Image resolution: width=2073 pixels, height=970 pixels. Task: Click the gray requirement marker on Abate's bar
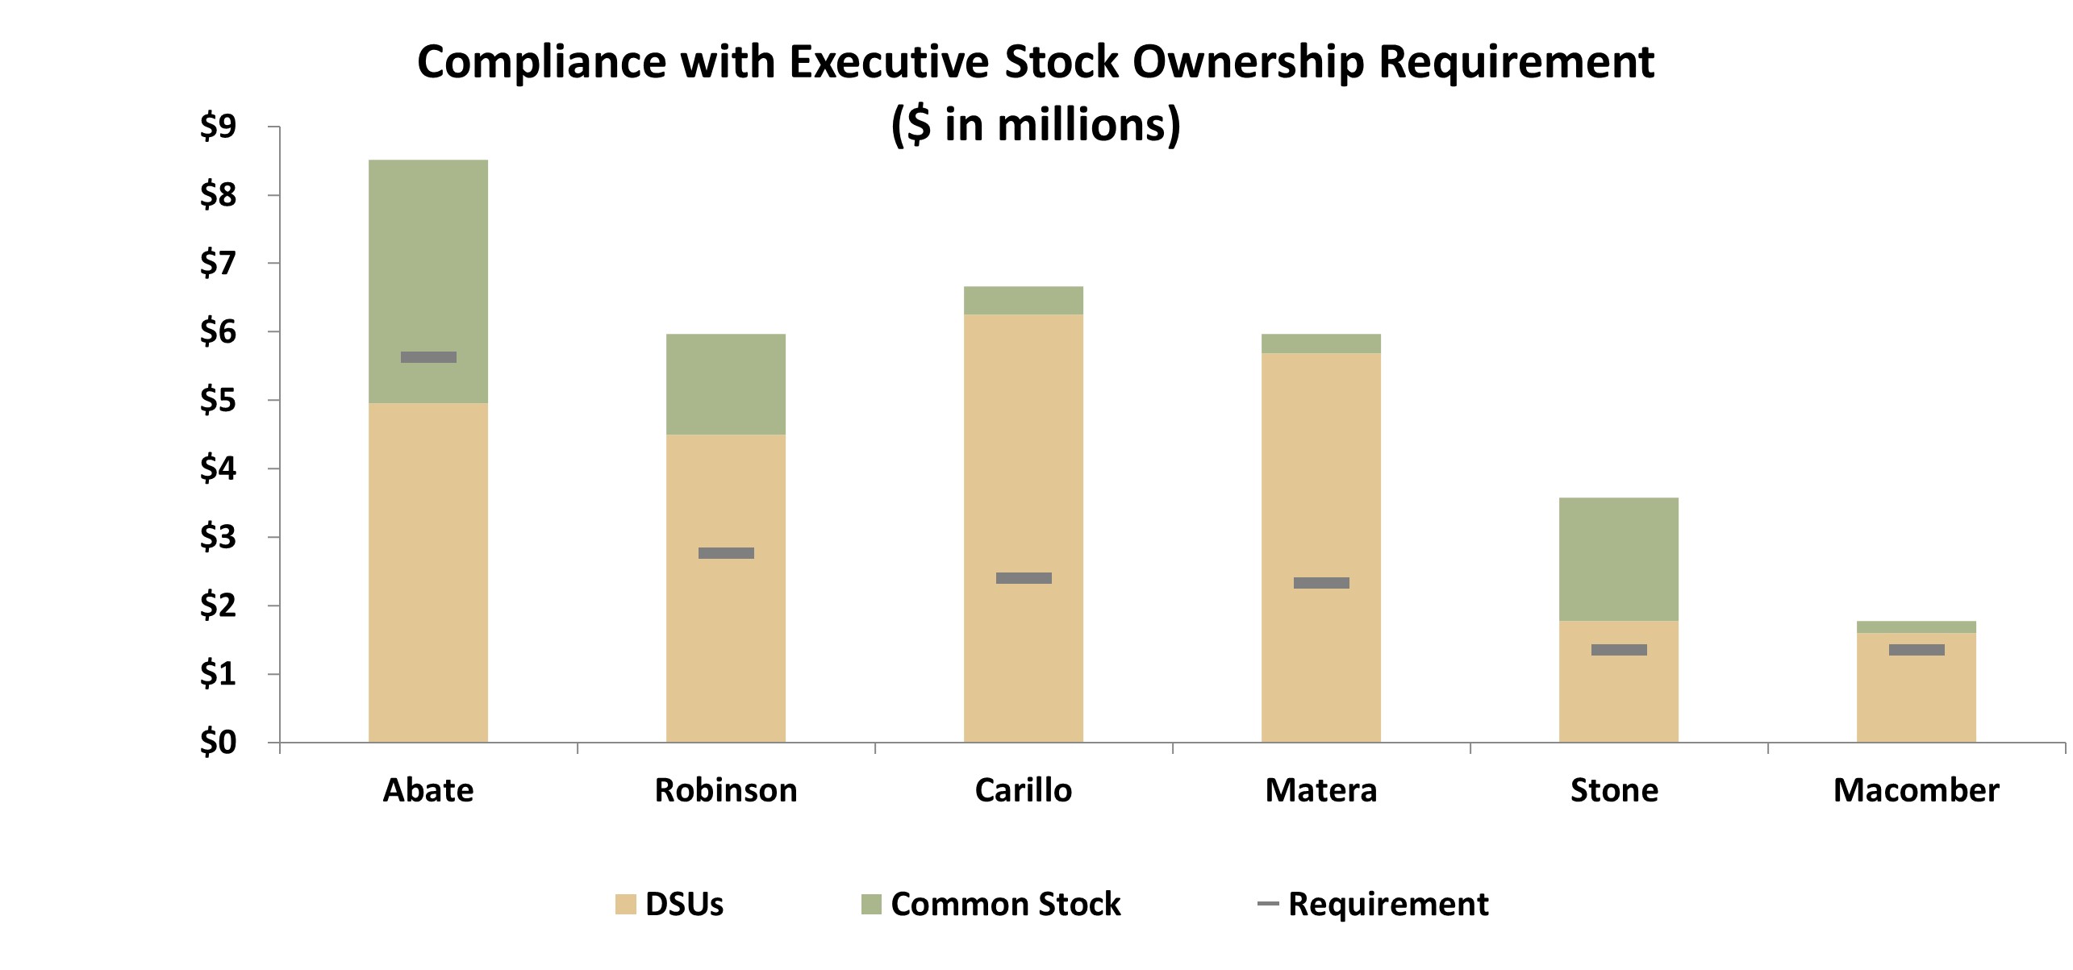tap(428, 357)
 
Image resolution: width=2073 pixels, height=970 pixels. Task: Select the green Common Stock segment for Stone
tap(1618, 559)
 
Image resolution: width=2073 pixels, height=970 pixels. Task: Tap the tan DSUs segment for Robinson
tap(726, 629)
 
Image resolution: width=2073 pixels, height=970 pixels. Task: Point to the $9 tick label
tap(218, 127)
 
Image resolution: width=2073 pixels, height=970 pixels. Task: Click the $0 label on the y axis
tap(218, 742)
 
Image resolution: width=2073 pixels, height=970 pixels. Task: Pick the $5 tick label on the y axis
tap(218, 400)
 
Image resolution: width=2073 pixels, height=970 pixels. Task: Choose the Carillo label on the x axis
tap(1023, 790)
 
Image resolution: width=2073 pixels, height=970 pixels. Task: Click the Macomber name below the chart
tap(1916, 790)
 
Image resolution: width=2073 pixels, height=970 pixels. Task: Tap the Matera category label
tap(1320, 790)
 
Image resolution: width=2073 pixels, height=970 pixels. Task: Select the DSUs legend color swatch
tap(626, 904)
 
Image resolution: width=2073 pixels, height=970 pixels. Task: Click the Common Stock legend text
tap(1005, 904)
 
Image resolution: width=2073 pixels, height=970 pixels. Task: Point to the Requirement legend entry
tap(1387, 904)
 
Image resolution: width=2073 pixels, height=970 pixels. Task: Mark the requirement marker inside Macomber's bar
tap(1917, 650)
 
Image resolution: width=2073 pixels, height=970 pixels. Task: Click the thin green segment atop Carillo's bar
tap(1023, 300)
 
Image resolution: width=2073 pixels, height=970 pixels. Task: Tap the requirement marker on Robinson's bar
tap(726, 553)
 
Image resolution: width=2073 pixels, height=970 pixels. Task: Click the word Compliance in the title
tap(541, 62)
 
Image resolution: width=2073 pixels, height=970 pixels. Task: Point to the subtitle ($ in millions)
tap(1036, 125)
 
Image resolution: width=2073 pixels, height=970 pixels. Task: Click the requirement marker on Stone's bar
tap(1618, 650)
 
